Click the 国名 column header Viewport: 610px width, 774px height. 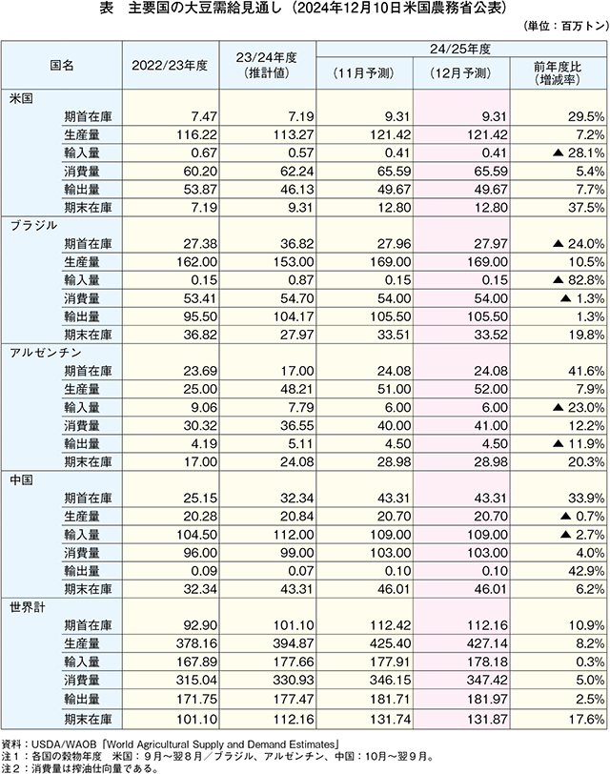tap(62, 65)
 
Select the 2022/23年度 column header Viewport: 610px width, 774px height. tap(170, 66)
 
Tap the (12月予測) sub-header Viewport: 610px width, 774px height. tap(461, 73)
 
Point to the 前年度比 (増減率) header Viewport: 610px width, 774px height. tap(558, 73)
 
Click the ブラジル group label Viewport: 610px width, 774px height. tap(33, 226)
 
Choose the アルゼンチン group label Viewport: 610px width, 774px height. tap(46, 353)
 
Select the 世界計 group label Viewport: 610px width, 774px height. tap(28, 607)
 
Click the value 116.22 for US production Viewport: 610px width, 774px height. tap(196, 134)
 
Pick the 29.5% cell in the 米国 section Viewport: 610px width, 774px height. tap(586, 117)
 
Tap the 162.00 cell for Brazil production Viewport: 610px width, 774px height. tap(196, 262)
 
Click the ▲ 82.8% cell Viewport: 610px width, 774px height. tap(579, 280)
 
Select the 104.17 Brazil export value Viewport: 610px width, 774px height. tap(294, 316)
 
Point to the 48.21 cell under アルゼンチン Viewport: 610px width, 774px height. tap(296, 390)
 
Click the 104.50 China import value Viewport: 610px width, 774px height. tap(196, 535)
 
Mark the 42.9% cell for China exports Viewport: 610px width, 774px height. tap(586, 572)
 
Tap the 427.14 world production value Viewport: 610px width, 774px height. tap(487, 644)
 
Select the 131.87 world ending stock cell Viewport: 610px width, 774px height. tap(487, 720)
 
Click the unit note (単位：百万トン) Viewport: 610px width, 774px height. tap(566, 26)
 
